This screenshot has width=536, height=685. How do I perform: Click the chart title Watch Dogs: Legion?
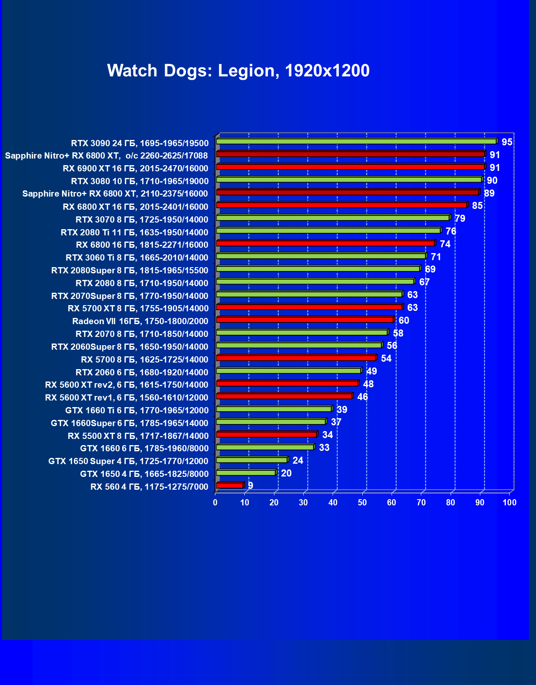pos(238,71)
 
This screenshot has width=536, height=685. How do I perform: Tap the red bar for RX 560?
pos(229,486)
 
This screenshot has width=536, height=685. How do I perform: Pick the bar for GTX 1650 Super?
pos(252,460)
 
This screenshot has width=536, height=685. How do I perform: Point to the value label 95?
pos(507,142)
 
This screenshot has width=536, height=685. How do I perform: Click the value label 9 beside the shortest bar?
pos(250,486)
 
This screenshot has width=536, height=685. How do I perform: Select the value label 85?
pos(477,206)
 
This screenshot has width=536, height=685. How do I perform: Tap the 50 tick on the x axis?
pos(362,502)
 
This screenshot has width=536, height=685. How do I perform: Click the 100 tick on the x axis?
pos(510,502)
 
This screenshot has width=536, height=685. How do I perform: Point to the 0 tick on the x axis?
pos(215,502)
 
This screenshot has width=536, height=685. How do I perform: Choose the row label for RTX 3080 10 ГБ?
pos(139,181)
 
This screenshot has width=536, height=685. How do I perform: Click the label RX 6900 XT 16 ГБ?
pos(135,168)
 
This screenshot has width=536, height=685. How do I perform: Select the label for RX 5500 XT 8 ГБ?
pos(138,436)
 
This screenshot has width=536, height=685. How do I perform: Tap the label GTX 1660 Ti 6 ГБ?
pos(137,410)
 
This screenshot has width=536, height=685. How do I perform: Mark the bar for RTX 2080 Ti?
pos(328,231)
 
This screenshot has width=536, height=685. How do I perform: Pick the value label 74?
pos(445,244)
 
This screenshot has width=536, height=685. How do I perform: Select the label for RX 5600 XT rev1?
pos(126,398)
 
